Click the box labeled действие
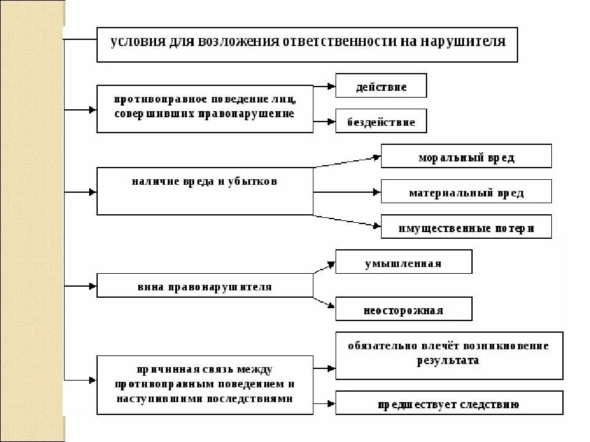381,87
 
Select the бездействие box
381,122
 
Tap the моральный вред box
466,157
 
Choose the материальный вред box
466,192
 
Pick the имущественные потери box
466,228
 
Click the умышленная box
403,263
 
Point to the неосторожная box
403,309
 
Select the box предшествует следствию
449,404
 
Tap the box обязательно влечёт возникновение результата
449,353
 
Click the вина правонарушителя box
205,286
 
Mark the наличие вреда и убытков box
205,192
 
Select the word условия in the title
133,43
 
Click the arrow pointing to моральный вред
347,161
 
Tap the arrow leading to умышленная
324,268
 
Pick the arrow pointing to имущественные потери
347,222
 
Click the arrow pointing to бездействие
324,122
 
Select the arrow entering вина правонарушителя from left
80,286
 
